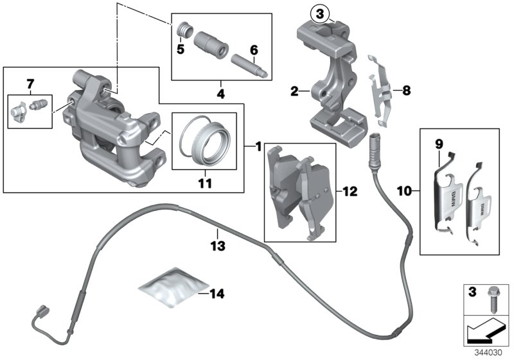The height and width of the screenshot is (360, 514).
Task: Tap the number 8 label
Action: (x=405, y=91)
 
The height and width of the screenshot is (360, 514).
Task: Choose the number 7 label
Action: (x=28, y=83)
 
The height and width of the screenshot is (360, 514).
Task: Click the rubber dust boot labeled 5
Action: (x=184, y=31)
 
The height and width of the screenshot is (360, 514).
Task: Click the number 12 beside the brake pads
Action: (x=349, y=191)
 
